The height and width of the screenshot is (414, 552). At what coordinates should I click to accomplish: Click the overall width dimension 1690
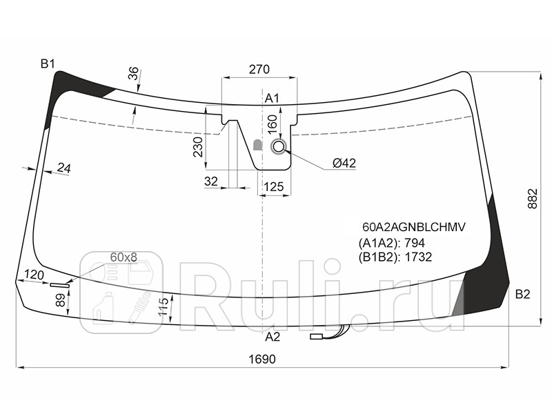tap(262, 359)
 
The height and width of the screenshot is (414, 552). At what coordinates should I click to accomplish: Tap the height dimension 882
tap(533, 199)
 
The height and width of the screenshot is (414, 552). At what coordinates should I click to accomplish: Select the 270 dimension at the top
tap(259, 70)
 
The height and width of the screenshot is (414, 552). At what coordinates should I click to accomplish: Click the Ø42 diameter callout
tap(344, 163)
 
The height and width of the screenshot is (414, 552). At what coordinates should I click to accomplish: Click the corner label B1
tap(48, 64)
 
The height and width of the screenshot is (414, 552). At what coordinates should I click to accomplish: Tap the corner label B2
tap(522, 294)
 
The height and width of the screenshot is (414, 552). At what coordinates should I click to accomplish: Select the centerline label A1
tap(272, 98)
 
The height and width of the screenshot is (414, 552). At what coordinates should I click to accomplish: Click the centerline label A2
tap(272, 337)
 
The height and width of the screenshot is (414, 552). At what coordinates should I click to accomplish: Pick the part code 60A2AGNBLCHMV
tap(414, 227)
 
